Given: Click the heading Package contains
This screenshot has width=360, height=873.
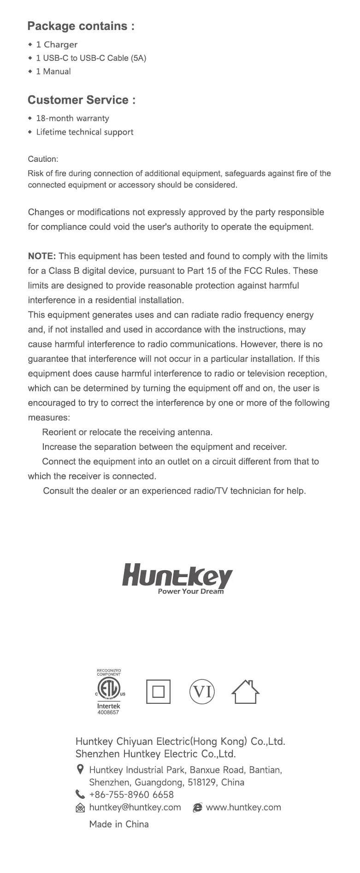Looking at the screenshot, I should point(81,26).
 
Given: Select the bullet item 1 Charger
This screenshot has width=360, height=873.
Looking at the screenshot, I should point(57,45).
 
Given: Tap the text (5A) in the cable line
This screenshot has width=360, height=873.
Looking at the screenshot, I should point(138,58).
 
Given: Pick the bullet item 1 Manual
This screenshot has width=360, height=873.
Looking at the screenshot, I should point(53,71).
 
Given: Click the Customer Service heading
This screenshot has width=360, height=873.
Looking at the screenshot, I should point(82,100).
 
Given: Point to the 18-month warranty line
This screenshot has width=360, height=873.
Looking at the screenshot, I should point(72,118).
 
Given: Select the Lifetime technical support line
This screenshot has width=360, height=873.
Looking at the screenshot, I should point(84,132).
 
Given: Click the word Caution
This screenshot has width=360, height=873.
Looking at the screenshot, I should point(43,159).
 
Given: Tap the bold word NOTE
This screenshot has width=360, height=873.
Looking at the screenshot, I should point(42,256).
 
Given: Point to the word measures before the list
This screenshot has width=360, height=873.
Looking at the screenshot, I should point(48,418).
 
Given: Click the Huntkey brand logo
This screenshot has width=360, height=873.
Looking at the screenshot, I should point(177,576).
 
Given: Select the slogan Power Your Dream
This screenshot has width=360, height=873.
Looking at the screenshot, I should point(190,591).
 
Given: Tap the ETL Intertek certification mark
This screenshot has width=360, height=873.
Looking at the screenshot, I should point(109,691).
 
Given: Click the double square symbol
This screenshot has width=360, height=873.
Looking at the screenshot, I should point(158,692).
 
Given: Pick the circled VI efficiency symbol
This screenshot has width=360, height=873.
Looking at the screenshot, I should point(202,692).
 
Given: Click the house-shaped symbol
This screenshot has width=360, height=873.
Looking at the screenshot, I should point(245,692).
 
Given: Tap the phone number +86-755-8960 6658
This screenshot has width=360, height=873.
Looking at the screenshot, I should point(131,795).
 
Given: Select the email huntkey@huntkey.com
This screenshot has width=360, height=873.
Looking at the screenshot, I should point(135,807).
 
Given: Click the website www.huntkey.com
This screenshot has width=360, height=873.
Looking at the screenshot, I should point(243,807).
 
